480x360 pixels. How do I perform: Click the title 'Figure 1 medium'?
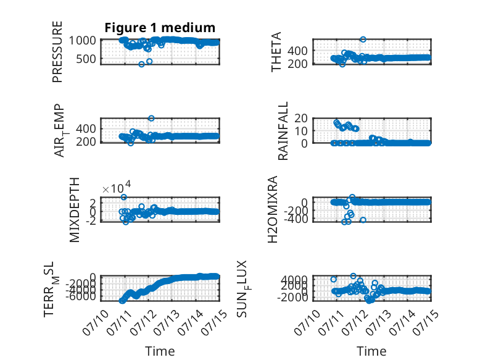click(160, 28)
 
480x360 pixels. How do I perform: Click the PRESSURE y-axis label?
click(57, 52)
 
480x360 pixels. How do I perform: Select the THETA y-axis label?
click(276, 52)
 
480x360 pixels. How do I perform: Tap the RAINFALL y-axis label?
click(283, 131)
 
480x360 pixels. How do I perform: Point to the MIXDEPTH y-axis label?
click(75, 210)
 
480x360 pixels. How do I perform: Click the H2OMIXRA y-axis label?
click(273, 209)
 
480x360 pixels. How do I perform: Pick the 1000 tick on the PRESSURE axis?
click(82, 40)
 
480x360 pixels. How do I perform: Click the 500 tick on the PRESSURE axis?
click(86, 59)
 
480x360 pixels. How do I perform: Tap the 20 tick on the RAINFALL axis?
click(301, 118)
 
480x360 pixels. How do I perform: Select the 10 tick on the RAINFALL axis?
click(301, 131)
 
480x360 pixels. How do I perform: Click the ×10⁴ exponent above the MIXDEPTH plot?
click(117, 188)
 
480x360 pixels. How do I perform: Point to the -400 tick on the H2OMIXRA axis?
click(296, 219)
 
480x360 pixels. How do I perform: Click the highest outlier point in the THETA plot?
click(363, 40)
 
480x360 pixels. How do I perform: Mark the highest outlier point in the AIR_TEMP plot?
click(151, 118)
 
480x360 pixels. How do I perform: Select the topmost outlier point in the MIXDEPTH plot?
click(123, 197)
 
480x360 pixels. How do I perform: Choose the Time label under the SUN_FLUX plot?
click(371, 351)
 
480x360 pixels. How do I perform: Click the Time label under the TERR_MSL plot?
click(160, 351)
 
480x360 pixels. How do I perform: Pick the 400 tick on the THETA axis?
click(297, 51)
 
